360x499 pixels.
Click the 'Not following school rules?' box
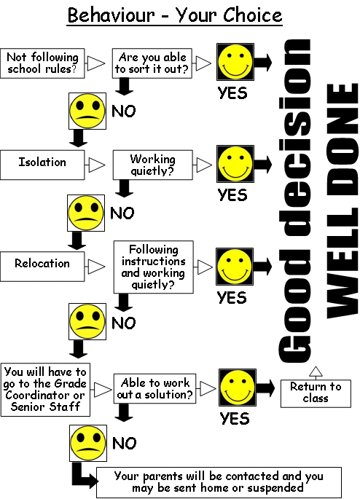coord(42,63)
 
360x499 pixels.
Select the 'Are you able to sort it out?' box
coord(152,63)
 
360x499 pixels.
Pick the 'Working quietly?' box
coord(153,165)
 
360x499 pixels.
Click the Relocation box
coord(42,267)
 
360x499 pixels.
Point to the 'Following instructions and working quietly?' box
coord(154,267)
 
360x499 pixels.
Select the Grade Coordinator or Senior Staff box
coord(45,390)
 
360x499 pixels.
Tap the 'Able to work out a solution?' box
coord(154,388)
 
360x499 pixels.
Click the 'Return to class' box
coord(316,393)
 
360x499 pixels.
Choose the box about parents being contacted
coord(219,482)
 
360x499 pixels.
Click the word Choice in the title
coord(252,15)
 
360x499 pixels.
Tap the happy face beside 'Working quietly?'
coord(235,164)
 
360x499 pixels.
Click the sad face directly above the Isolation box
coord(87,111)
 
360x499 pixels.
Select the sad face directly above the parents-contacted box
coord(88,443)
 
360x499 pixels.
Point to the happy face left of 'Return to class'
coord(238,388)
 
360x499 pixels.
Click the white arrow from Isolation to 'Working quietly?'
coord(95,165)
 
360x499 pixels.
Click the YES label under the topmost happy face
coord(232,93)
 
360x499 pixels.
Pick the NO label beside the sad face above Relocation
coord(122,213)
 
